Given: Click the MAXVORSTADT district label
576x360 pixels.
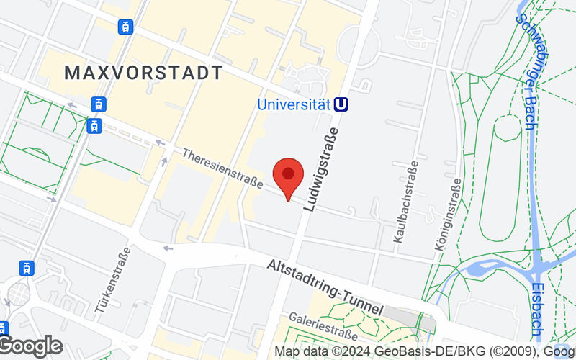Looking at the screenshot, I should (x=143, y=73).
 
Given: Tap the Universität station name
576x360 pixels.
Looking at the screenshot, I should (x=294, y=104).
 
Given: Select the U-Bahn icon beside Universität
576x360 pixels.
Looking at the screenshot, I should (x=343, y=104).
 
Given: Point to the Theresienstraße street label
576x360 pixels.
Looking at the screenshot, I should (x=222, y=169).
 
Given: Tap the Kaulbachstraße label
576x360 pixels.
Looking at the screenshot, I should (x=406, y=204).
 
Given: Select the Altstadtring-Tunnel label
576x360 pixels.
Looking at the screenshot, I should (x=325, y=285).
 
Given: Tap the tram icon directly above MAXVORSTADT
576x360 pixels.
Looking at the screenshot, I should (x=127, y=27).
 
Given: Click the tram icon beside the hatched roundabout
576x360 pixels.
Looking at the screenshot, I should (x=27, y=269).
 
